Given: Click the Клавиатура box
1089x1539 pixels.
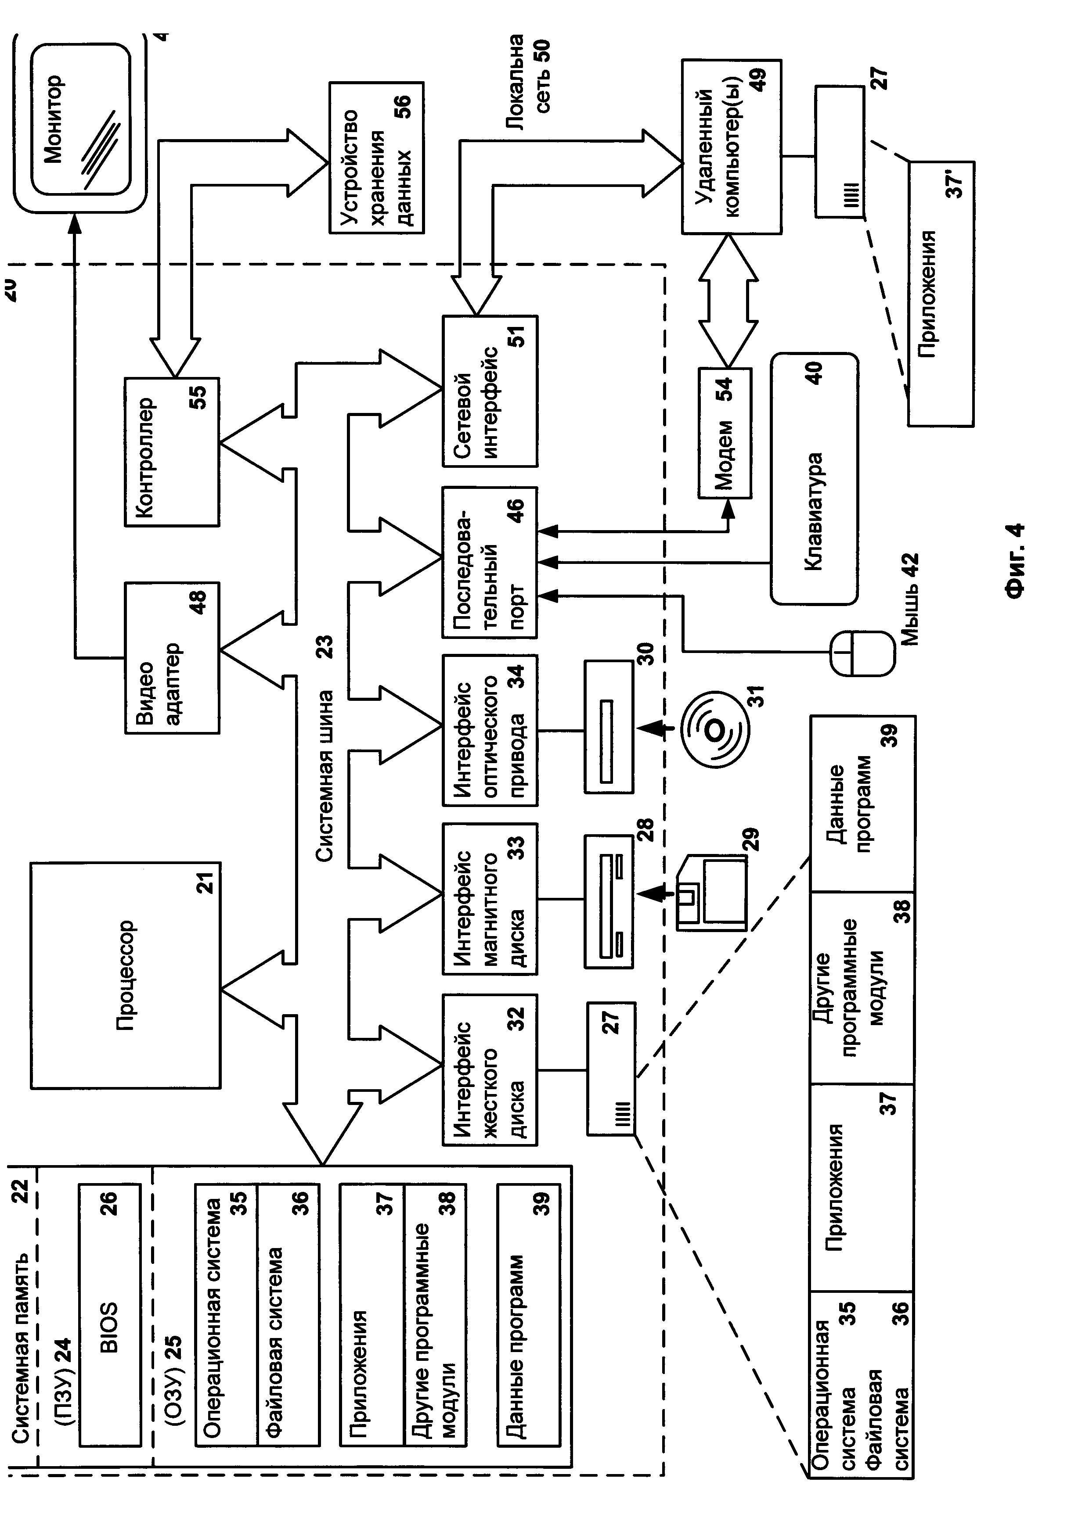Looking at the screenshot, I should pos(814,479).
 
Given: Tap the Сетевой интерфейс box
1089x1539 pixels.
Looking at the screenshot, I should pos(490,391).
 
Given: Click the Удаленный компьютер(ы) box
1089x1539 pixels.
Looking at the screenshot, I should pos(731,146).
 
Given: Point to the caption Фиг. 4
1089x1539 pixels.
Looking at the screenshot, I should pos(1014,560).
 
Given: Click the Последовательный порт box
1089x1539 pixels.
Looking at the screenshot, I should pos(490,562).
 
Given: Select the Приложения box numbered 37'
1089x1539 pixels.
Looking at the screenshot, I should pos(940,293).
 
